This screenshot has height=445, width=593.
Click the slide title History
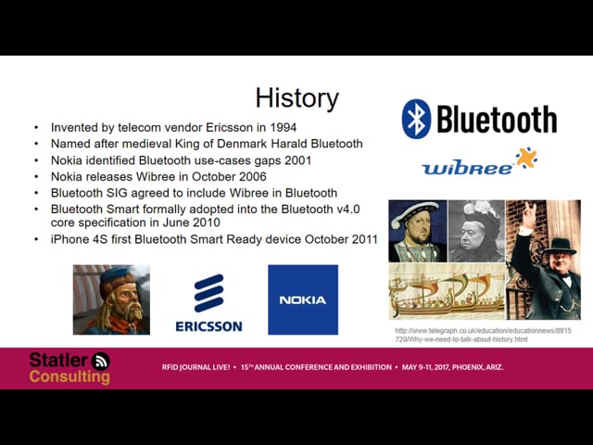[296, 98]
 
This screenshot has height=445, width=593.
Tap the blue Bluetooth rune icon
[416, 119]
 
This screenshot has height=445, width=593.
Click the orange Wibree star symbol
[526, 158]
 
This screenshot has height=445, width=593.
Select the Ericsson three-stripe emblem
[208, 293]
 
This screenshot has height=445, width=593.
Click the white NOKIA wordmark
[303, 300]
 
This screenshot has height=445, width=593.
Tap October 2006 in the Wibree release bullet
[229, 177]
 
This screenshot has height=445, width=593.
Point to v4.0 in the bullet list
[348, 210]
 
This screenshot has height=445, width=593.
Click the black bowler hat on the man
[560, 246]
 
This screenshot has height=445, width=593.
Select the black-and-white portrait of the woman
[476, 231]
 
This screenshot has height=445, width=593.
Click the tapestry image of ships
[447, 291]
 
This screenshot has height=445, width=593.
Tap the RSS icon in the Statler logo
[101, 361]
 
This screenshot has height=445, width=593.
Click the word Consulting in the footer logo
[69, 377]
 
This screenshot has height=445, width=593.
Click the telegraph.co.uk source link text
[483, 335]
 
